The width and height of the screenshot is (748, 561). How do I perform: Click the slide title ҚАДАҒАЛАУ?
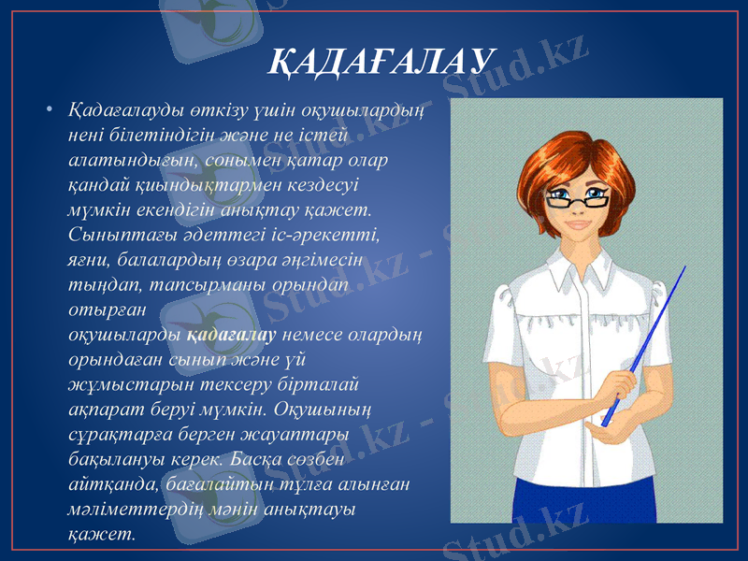pyautogui.click(x=380, y=60)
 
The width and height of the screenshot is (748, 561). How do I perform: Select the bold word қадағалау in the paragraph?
pyautogui.click(x=230, y=334)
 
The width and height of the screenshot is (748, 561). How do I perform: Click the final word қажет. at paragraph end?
pyautogui.click(x=102, y=535)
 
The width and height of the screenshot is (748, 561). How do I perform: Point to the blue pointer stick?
pyautogui.click(x=645, y=346)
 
